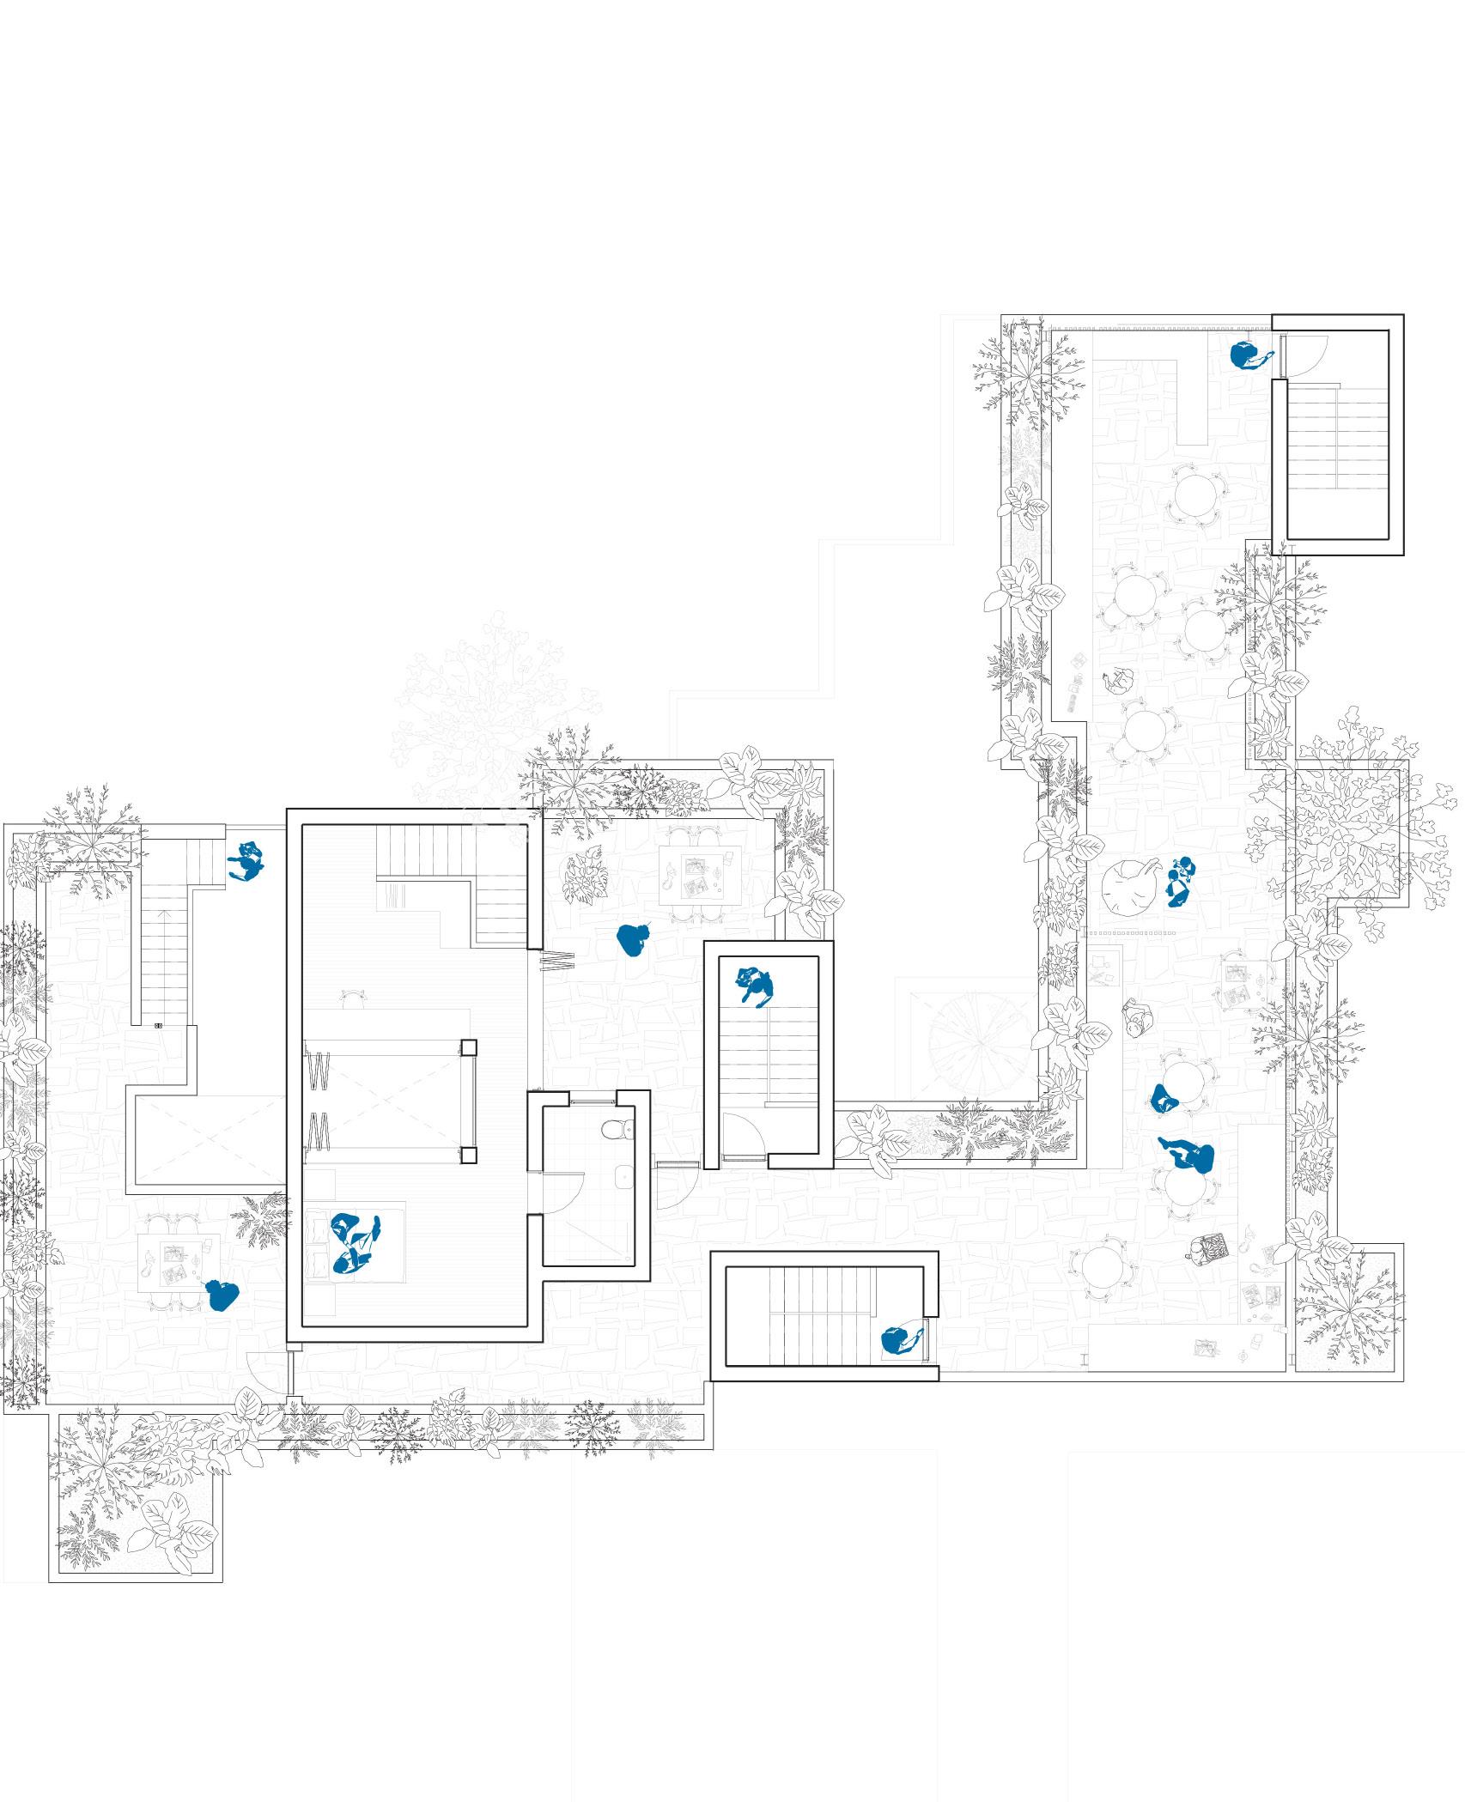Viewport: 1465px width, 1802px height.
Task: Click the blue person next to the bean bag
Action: click(x=1180, y=882)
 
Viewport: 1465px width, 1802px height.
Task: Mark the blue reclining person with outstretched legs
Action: click(x=1189, y=1155)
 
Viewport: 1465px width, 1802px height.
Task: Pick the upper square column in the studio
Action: click(x=468, y=1047)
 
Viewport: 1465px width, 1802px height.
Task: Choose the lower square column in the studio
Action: click(x=468, y=1156)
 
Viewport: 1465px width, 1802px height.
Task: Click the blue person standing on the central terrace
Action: click(x=634, y=940)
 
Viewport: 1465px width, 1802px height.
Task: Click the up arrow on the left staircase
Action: click(x=158, y=1025)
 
